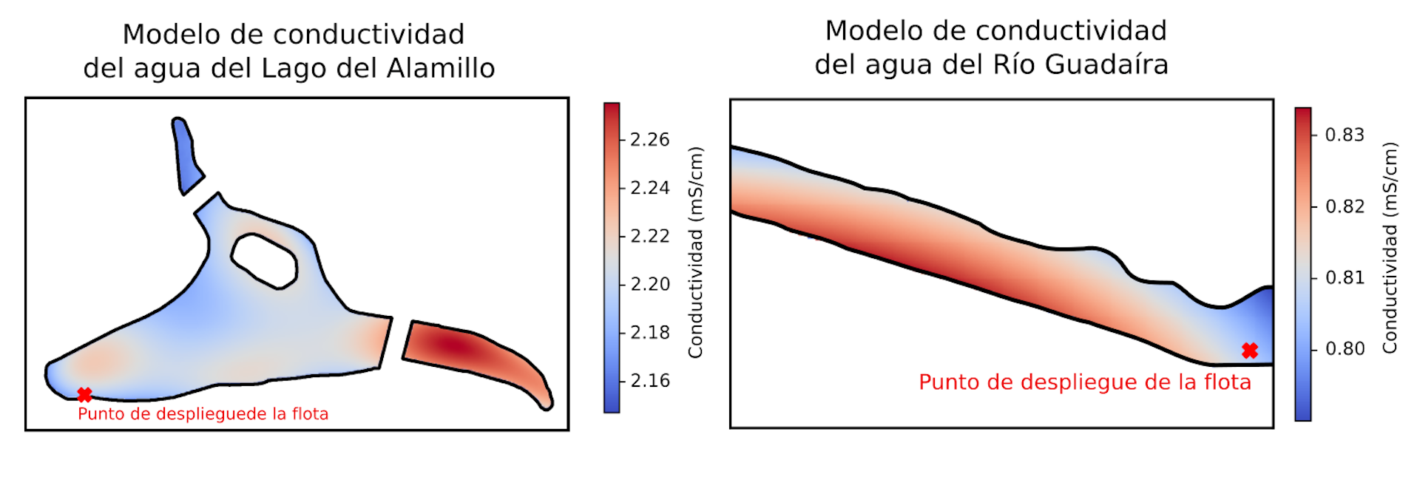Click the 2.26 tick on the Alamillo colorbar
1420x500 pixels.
click(649, 140)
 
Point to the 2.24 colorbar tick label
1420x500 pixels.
click(649, 188)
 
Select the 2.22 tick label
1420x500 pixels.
click(649, 236)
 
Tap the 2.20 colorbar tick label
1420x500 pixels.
click(649, 284)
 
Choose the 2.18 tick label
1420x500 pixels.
click(649, 332)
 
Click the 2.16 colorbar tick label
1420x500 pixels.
click(649, 380)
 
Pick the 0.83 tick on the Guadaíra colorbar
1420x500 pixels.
click(1344, 135)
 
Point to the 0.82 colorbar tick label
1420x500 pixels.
click(1344, 206)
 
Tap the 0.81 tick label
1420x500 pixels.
click(1344, 277)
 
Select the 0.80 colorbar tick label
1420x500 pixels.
click(1344, 348)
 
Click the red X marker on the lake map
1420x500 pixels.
click(84, 395)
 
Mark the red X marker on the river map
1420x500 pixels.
click(1249, 351)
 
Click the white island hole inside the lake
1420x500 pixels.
click(264, 260)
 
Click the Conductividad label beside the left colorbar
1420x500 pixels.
click(695, 253)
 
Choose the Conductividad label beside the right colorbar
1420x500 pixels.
click(1390, 248)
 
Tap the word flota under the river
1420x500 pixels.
click(1227, 382)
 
